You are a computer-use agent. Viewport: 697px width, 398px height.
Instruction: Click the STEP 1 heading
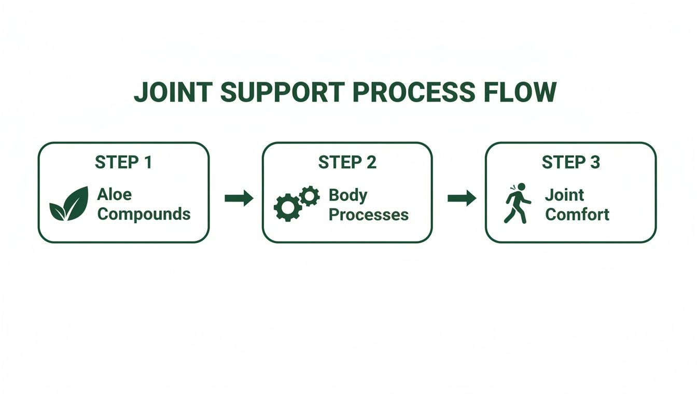click(123, 163)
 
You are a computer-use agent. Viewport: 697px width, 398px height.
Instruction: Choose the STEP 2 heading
click(347, 163)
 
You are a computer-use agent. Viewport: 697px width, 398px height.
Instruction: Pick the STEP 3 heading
click(570, 163)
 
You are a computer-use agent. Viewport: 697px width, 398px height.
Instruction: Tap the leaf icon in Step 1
click(68, 204)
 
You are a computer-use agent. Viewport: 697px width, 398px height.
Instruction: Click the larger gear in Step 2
click(287, 207)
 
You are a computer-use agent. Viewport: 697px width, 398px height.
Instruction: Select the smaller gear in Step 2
click(310, 195)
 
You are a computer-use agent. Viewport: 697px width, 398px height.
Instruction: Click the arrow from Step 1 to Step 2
click(239, 197)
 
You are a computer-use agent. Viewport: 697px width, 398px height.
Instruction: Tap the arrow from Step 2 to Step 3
click(462, 197)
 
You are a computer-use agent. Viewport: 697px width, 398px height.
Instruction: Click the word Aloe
click(114, 195)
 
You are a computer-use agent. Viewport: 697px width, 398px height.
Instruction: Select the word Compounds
click(144, 214)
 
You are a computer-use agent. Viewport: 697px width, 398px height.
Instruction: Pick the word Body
click(348, 195)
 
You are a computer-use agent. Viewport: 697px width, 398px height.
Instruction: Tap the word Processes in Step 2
click(368, 214)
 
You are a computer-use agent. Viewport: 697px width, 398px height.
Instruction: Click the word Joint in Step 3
click(564, 195)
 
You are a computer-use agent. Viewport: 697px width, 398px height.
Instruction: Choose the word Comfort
click(577, 214)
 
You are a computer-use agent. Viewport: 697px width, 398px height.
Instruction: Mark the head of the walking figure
click(521, 187)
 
